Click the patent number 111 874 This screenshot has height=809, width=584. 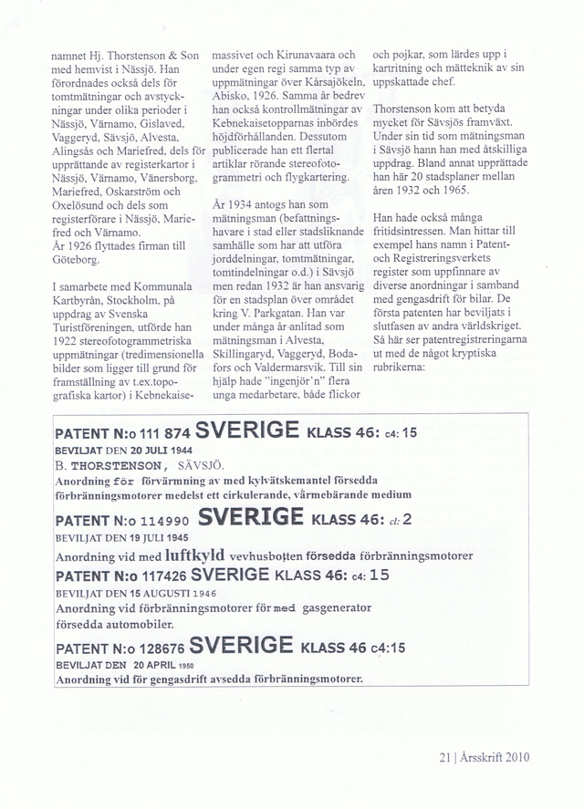click(x=160, y=433)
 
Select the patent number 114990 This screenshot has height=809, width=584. click(x=161, y=520)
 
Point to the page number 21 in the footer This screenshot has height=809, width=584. click(x=445, y=755)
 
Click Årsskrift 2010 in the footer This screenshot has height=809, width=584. click(x=497, y=755)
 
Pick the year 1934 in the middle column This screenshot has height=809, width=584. click(x=244, y=205)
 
